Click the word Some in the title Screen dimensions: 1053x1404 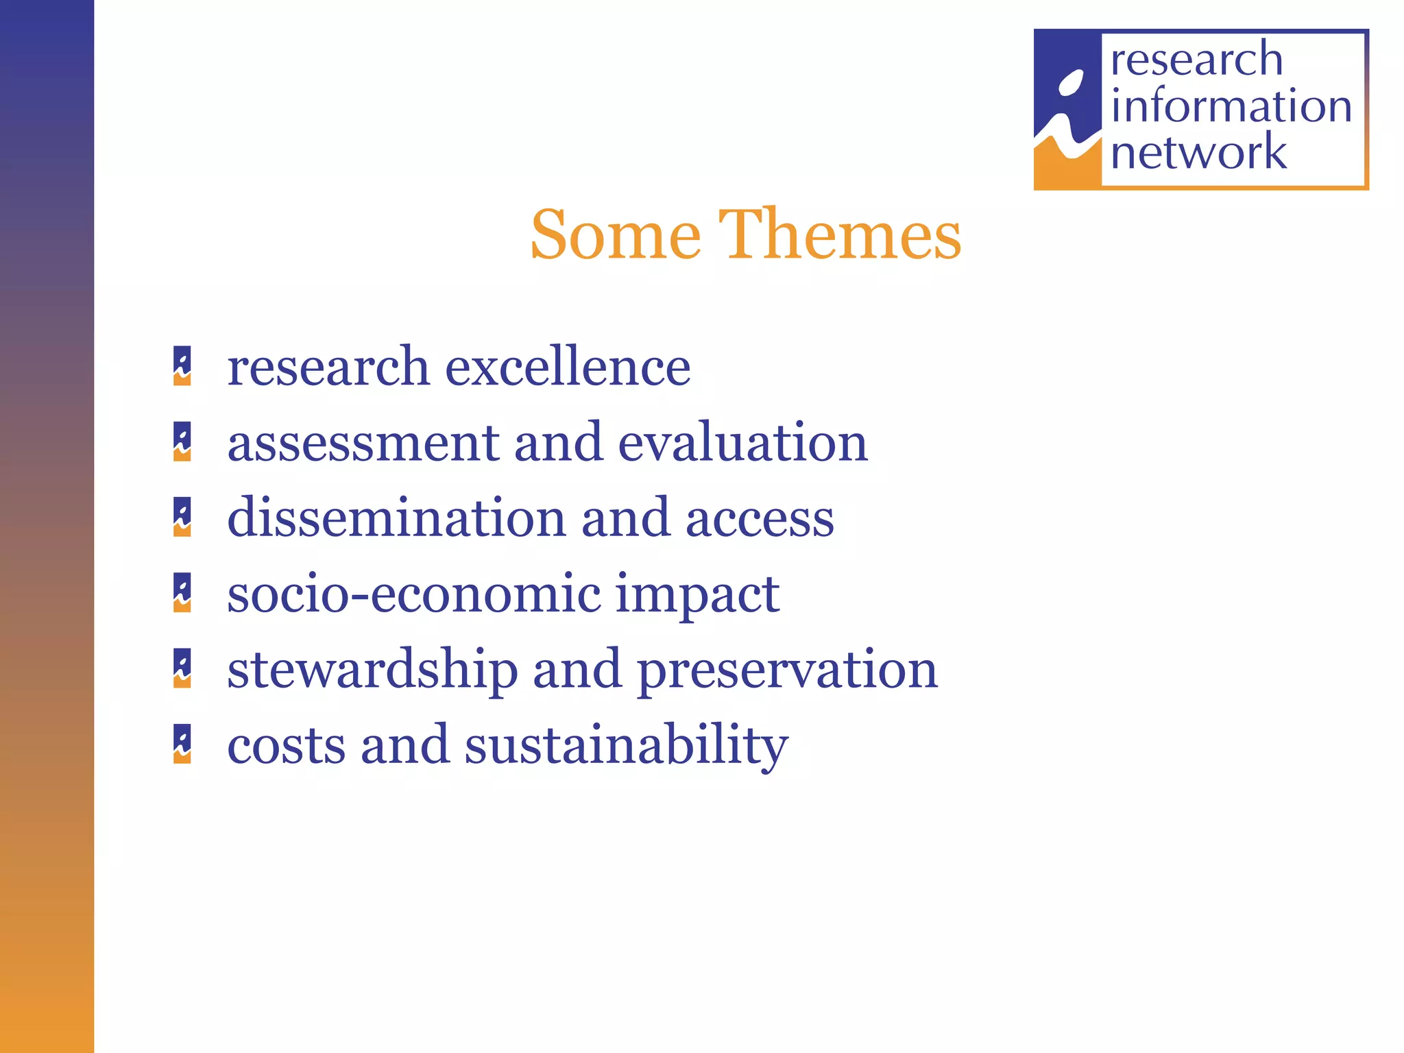[x=616, y=234]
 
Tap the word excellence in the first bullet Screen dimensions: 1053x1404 [x=568, y=367]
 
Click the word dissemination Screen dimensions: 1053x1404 [x=397, y=518]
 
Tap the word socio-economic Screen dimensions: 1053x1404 [x=413, y=594]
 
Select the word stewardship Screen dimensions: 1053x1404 [x=372, y=670]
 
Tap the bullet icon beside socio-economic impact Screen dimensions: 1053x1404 [x=182, y=593]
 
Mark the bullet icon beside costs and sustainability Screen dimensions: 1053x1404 [x=182, y=745]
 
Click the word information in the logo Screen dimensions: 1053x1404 [x=1231, y=106]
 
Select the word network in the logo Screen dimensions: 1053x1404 [x=1198, y=152]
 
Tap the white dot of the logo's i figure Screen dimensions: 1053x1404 [x=1071, y=84]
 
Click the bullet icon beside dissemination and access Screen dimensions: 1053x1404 [x=182, y=518]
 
